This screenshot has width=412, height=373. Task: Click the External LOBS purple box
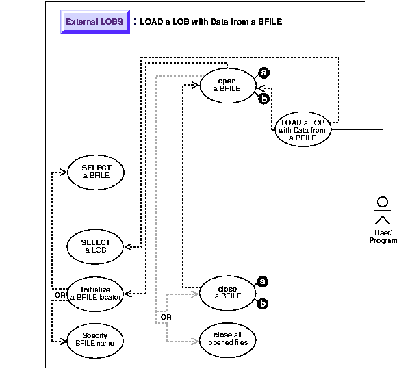click(x=95, y=21)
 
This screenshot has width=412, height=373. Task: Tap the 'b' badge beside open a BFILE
click(x=263, y=100)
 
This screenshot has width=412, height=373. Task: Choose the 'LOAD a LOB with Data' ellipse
click(x=302, y=128)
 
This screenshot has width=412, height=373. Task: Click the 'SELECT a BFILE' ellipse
click(x=96, y=171)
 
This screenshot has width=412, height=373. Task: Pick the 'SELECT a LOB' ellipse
click(x=96, y=246)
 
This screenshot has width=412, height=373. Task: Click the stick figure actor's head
click(x=383, y=202)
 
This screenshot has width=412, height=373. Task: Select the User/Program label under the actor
click(x=383, y=237)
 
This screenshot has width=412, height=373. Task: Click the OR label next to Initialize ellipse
click(x=59, y=296)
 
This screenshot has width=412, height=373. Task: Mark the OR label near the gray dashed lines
click(x=165, y=317)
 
